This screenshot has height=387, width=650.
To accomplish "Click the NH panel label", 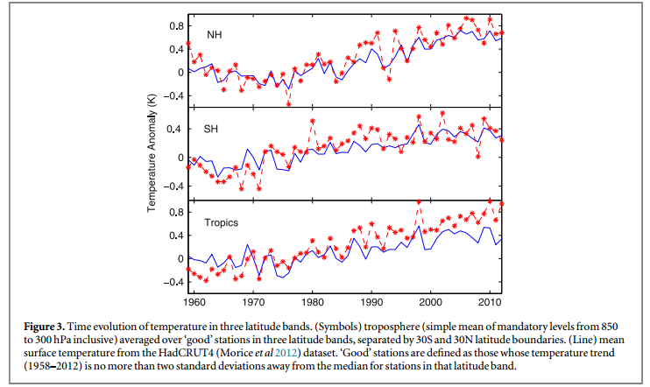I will point(214,34).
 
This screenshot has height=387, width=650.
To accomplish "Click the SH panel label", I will point(211,130).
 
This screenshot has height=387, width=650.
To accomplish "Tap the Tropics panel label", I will point(221,222).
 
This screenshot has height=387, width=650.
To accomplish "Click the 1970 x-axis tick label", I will point(253,302).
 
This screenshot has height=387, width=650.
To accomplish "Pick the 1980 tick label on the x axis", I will point(313,302).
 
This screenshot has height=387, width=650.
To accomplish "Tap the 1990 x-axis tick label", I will point(371,302).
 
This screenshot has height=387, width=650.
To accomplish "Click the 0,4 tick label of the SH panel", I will point(176,130).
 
